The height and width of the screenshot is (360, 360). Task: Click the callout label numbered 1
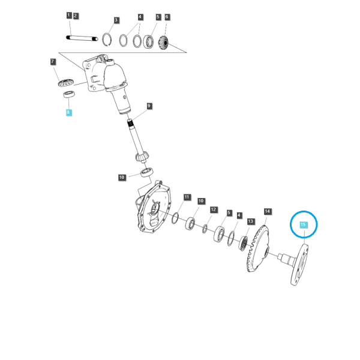click(69, 16)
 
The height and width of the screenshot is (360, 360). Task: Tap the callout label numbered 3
click(116, 20)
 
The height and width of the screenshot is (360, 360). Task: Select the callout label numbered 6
click(167, 17)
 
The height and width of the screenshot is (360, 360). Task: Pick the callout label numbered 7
click(53, 62)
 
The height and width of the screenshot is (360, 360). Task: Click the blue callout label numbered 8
click(68, 112)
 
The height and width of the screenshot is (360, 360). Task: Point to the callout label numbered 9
click(149, 106)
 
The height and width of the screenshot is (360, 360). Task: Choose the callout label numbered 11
click(187, 197)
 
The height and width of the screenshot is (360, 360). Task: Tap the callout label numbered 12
click(214, 209)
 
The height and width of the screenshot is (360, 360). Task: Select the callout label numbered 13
click(250, 221)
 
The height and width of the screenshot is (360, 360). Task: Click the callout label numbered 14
click(268, 211)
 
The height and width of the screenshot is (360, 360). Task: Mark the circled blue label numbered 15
click(303, 224)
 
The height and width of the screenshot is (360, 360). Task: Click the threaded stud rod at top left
click(82, 38)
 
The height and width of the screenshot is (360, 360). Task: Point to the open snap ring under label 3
click(107, 40)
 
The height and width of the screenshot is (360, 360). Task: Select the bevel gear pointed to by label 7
click(65, 83)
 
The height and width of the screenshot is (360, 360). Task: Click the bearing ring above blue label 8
click(69, 94)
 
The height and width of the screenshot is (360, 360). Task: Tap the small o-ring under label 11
click(175, 218)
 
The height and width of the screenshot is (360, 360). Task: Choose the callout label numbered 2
click(76, 16)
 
